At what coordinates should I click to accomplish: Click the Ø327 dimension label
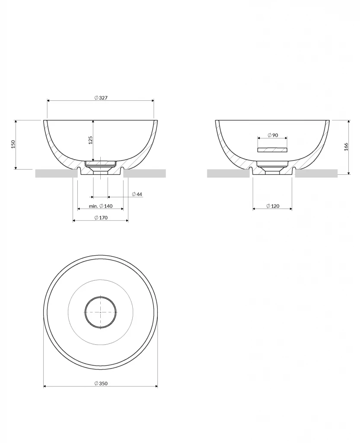[x=100, y=98]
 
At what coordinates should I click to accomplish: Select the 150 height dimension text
[x=13, y=144]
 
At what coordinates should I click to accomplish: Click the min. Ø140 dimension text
[x=101, y=206]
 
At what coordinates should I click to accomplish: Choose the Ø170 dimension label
[x=101, y=218]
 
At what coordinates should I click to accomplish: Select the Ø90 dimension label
[x=272, y=135]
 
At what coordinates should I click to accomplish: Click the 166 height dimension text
[x=346, y=147]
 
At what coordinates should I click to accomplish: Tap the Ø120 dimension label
[x=273, y=206]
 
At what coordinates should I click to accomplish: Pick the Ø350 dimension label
[x=101, y=383]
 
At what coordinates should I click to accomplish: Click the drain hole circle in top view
[x=101, y=312]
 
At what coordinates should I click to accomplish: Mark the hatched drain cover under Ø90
[x=272, y=150]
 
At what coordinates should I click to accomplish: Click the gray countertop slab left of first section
[x=56, y=173]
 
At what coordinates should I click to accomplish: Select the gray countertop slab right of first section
[x=145, y=173]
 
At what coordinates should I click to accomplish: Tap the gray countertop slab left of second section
[x=228, y=173]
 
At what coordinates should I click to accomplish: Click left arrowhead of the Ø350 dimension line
[x=45, y=386]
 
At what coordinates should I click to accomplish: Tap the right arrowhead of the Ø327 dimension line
[x=152, y=101]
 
